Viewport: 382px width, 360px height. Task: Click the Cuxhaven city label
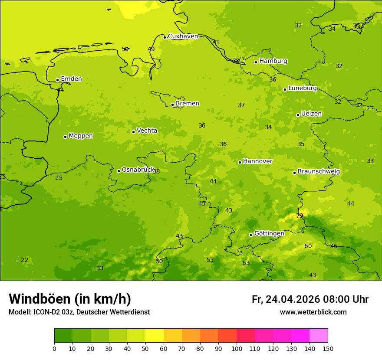pos(183,36)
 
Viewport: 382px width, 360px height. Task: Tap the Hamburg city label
pos(273,61)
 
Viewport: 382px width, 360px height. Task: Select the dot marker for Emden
pos(57,80)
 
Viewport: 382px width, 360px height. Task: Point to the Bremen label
pos(187,104)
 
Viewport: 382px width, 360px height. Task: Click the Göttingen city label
pos(269,234)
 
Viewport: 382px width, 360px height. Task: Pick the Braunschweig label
pos(319,172)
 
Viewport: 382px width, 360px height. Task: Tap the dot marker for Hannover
pos(240,162)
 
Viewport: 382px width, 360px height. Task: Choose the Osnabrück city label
pos(138,170)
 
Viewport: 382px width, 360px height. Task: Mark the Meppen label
pos(80,136)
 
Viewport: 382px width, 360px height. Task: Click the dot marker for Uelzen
pos(298,115)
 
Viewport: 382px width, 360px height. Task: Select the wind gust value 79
pos(300,216)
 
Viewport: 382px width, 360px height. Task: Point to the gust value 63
pos(246,263)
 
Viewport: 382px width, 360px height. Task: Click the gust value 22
pos(25,260)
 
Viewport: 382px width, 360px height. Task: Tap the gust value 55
pos(210,260)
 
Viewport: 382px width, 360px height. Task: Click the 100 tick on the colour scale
pos(237,348)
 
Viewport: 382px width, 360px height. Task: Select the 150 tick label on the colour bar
pos(328,348)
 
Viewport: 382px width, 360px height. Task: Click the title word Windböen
pos(39,299)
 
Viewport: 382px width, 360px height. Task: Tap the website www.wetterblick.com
pos(313,312)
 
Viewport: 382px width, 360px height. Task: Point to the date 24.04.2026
pos(293,299)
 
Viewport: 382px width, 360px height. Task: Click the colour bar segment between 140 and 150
pos(319,336)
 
